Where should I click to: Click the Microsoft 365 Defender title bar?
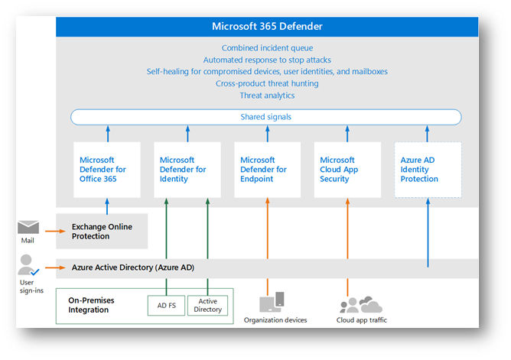click(x=267, y=26)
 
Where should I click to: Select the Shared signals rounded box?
click(x=266, y=117)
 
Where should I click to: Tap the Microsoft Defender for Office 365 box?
click(x=107, y=170)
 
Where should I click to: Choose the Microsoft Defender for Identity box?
click(x=187, y=170)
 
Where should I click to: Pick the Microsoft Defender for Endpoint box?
click(x=267, y=170)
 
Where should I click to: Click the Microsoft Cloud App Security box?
click(x=347, y=170)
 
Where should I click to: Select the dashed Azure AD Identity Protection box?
click(x=428, y=170)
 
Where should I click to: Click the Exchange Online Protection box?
click(x=102, y=231)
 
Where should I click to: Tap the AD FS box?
click(x=166, y=305)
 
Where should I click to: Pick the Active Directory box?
click(x=207, y=305)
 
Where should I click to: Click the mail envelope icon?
click(x=28, y=227)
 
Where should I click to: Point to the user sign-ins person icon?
click(x=28, y=265)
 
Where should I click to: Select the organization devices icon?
click(x=272, y=302)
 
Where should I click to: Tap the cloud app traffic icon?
click(x=361, y=305)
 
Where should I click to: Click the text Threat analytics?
click(x=267, y=96)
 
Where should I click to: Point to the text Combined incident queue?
click(x=267, y=48)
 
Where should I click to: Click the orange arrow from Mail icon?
click(x=55, y=231)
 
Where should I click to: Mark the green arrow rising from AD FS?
click(x=166, y=247)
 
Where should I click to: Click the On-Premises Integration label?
click(x=91, y=305)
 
